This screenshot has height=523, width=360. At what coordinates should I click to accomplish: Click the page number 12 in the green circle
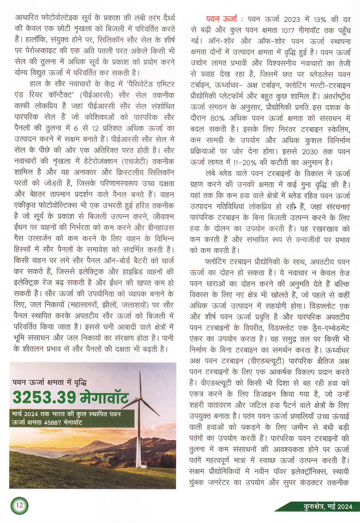point(19,505)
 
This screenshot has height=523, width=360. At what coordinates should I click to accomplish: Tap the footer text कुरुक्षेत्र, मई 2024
point(328,506)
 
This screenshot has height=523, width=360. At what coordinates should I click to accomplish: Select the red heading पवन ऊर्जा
point(222,19)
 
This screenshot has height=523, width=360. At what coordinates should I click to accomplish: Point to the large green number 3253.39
point(44,397)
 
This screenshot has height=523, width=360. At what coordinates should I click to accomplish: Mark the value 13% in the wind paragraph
point(320,19)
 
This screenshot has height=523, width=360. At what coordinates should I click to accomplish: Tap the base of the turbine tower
point(139,466)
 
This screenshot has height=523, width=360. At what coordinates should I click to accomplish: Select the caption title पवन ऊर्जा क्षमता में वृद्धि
point(49,382)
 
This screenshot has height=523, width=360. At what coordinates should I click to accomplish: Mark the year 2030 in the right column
point(310,152)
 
